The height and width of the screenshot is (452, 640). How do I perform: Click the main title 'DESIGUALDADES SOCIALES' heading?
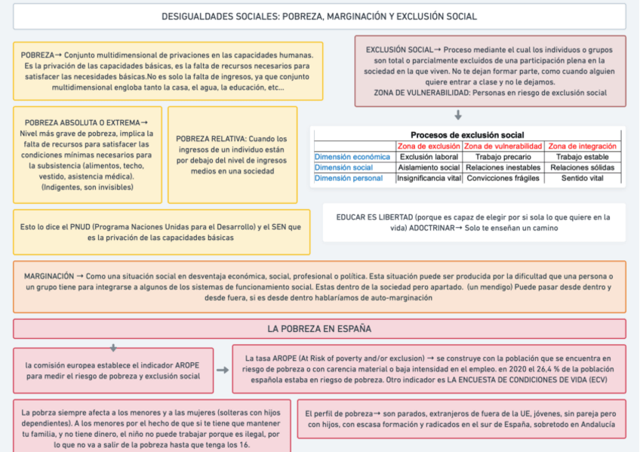point(319,16)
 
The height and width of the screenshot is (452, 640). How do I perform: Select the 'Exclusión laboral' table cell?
point(429,157)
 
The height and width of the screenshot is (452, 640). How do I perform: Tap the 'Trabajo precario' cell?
point(503,157)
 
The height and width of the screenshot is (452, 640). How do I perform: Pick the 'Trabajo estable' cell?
point(582,157)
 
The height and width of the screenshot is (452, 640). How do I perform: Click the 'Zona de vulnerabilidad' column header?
point(503,146)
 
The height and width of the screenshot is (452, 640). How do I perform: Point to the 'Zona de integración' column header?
point(582,146)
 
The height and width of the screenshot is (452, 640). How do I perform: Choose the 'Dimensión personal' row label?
point(348,179)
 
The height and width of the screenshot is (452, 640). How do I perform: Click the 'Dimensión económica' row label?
point(352,157)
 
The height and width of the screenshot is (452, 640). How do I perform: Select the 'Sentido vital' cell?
point(582,179)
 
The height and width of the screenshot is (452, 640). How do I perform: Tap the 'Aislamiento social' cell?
point(429,168)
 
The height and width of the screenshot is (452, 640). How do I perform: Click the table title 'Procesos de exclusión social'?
point(467,135)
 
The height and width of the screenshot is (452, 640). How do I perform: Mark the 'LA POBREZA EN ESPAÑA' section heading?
point(319,329)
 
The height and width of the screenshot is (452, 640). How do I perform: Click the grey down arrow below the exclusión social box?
point(458,115)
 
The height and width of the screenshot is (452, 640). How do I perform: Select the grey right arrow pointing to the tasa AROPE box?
point(223,371)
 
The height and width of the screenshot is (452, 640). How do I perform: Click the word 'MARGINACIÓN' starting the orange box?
point(49,276)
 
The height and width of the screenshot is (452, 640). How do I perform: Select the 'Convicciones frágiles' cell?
point(503,179)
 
